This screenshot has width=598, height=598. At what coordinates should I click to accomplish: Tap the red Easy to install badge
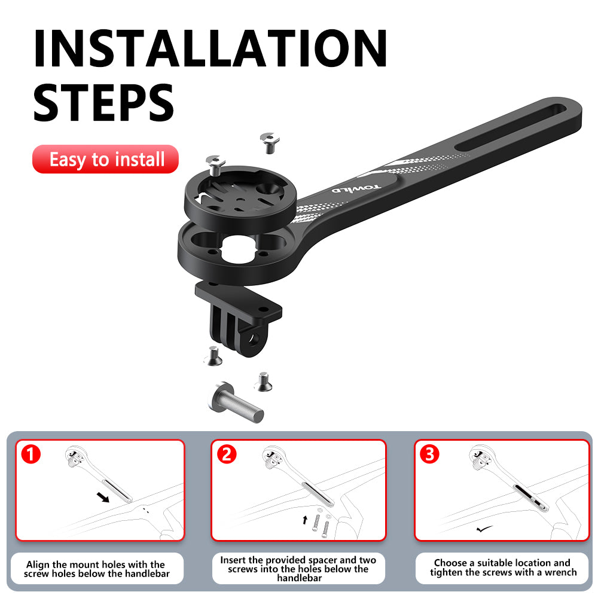click(106, 160)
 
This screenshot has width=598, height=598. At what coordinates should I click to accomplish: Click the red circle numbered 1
click(30, 454)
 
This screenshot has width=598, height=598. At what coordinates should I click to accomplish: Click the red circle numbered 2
click(225, 454)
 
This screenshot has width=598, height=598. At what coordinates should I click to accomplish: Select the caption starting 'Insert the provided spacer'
click(298, 569)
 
